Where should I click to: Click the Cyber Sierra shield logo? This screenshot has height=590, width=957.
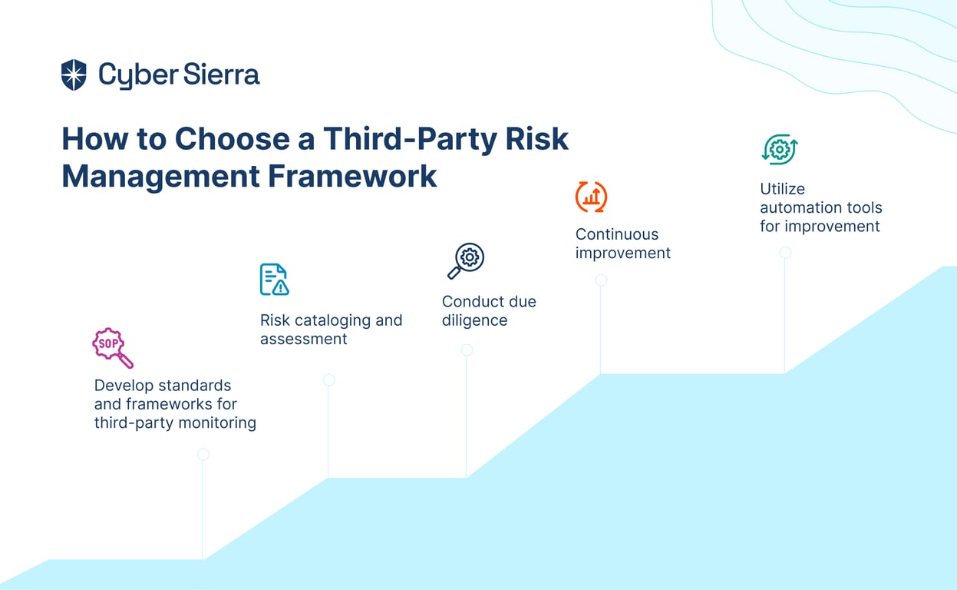(74, 75)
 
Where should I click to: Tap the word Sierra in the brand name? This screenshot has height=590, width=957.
(221, 74)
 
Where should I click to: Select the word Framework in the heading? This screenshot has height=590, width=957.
(352, 176)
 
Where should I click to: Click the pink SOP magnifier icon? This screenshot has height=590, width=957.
(113, 347)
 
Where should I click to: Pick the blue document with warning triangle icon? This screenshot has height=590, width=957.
(274, 280)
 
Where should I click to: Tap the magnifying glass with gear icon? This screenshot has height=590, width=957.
(466, 260)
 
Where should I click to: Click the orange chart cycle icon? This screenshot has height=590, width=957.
(591, 197)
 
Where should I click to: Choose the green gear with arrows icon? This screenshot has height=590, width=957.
(780, 149)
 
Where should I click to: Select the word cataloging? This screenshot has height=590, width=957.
(333, 320)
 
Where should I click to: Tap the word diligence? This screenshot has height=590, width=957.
(474, 320)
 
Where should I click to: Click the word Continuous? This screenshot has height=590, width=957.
(617, 234)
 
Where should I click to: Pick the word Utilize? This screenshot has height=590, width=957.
(782, 189)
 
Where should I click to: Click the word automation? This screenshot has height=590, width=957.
(797, 207)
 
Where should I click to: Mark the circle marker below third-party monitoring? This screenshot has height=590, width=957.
(203, 454)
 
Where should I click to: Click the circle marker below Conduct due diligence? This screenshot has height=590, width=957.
(467, 350)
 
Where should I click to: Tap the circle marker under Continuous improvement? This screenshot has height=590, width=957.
(601, 280)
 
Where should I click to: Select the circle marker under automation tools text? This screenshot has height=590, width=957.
(785, 253)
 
